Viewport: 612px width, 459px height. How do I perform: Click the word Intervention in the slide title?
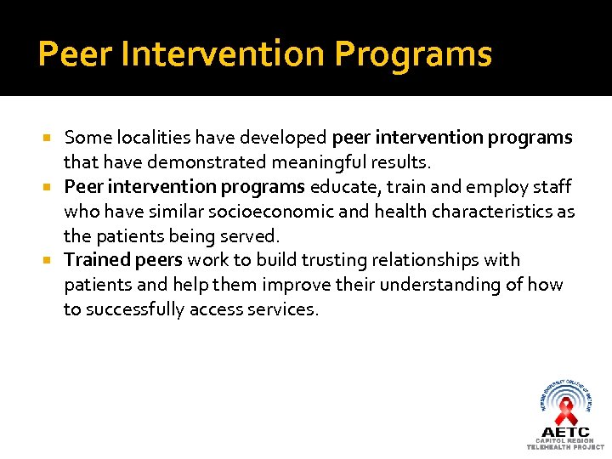[x=223, y=54]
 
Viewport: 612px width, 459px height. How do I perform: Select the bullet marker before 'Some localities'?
[x=51, y=138]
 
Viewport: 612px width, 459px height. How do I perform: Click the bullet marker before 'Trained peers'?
[x=51, y=260]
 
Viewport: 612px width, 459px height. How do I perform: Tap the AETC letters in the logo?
[x=565, y=431]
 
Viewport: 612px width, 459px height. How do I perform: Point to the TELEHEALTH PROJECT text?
[x=565, y=446]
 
